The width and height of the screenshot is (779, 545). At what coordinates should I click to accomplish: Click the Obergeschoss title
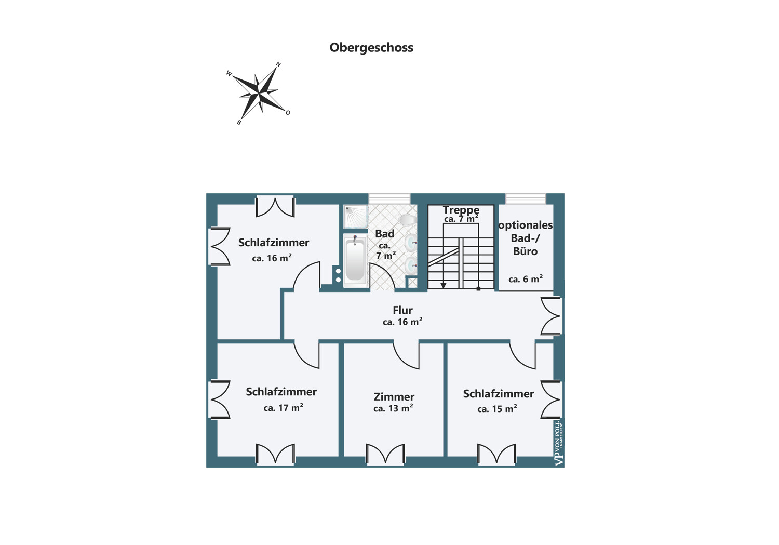coord(371,48)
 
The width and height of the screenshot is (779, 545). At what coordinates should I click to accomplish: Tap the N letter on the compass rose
coord(278,64)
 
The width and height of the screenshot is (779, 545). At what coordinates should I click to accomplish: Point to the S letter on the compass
coord(239,123)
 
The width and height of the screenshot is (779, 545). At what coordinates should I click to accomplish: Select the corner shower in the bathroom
coord(355,216)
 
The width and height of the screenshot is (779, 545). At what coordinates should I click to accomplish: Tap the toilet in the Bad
coord(407,219)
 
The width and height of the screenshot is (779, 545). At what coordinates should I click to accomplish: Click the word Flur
coord(402,310)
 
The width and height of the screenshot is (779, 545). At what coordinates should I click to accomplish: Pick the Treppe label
coord(461,210)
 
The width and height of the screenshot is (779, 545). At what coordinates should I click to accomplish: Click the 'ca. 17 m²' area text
coord(283,408)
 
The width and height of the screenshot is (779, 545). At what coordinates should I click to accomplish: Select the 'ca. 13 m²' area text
coord(393,408)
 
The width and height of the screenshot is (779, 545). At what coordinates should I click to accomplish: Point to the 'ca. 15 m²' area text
coord(497,409)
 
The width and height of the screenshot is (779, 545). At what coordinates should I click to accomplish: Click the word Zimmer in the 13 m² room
coord(394,397)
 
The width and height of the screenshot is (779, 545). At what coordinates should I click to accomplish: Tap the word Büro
coord(525,251)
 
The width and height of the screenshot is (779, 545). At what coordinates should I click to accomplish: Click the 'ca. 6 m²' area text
coord(526,279)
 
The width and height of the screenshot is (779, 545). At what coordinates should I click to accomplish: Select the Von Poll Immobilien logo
coord(559,444)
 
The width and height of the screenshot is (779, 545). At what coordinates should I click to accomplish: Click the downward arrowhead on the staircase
coord(444,285)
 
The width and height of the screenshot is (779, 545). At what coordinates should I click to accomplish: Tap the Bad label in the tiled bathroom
coord(385,234)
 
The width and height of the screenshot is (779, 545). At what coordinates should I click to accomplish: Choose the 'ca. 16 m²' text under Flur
coord(402,322)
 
